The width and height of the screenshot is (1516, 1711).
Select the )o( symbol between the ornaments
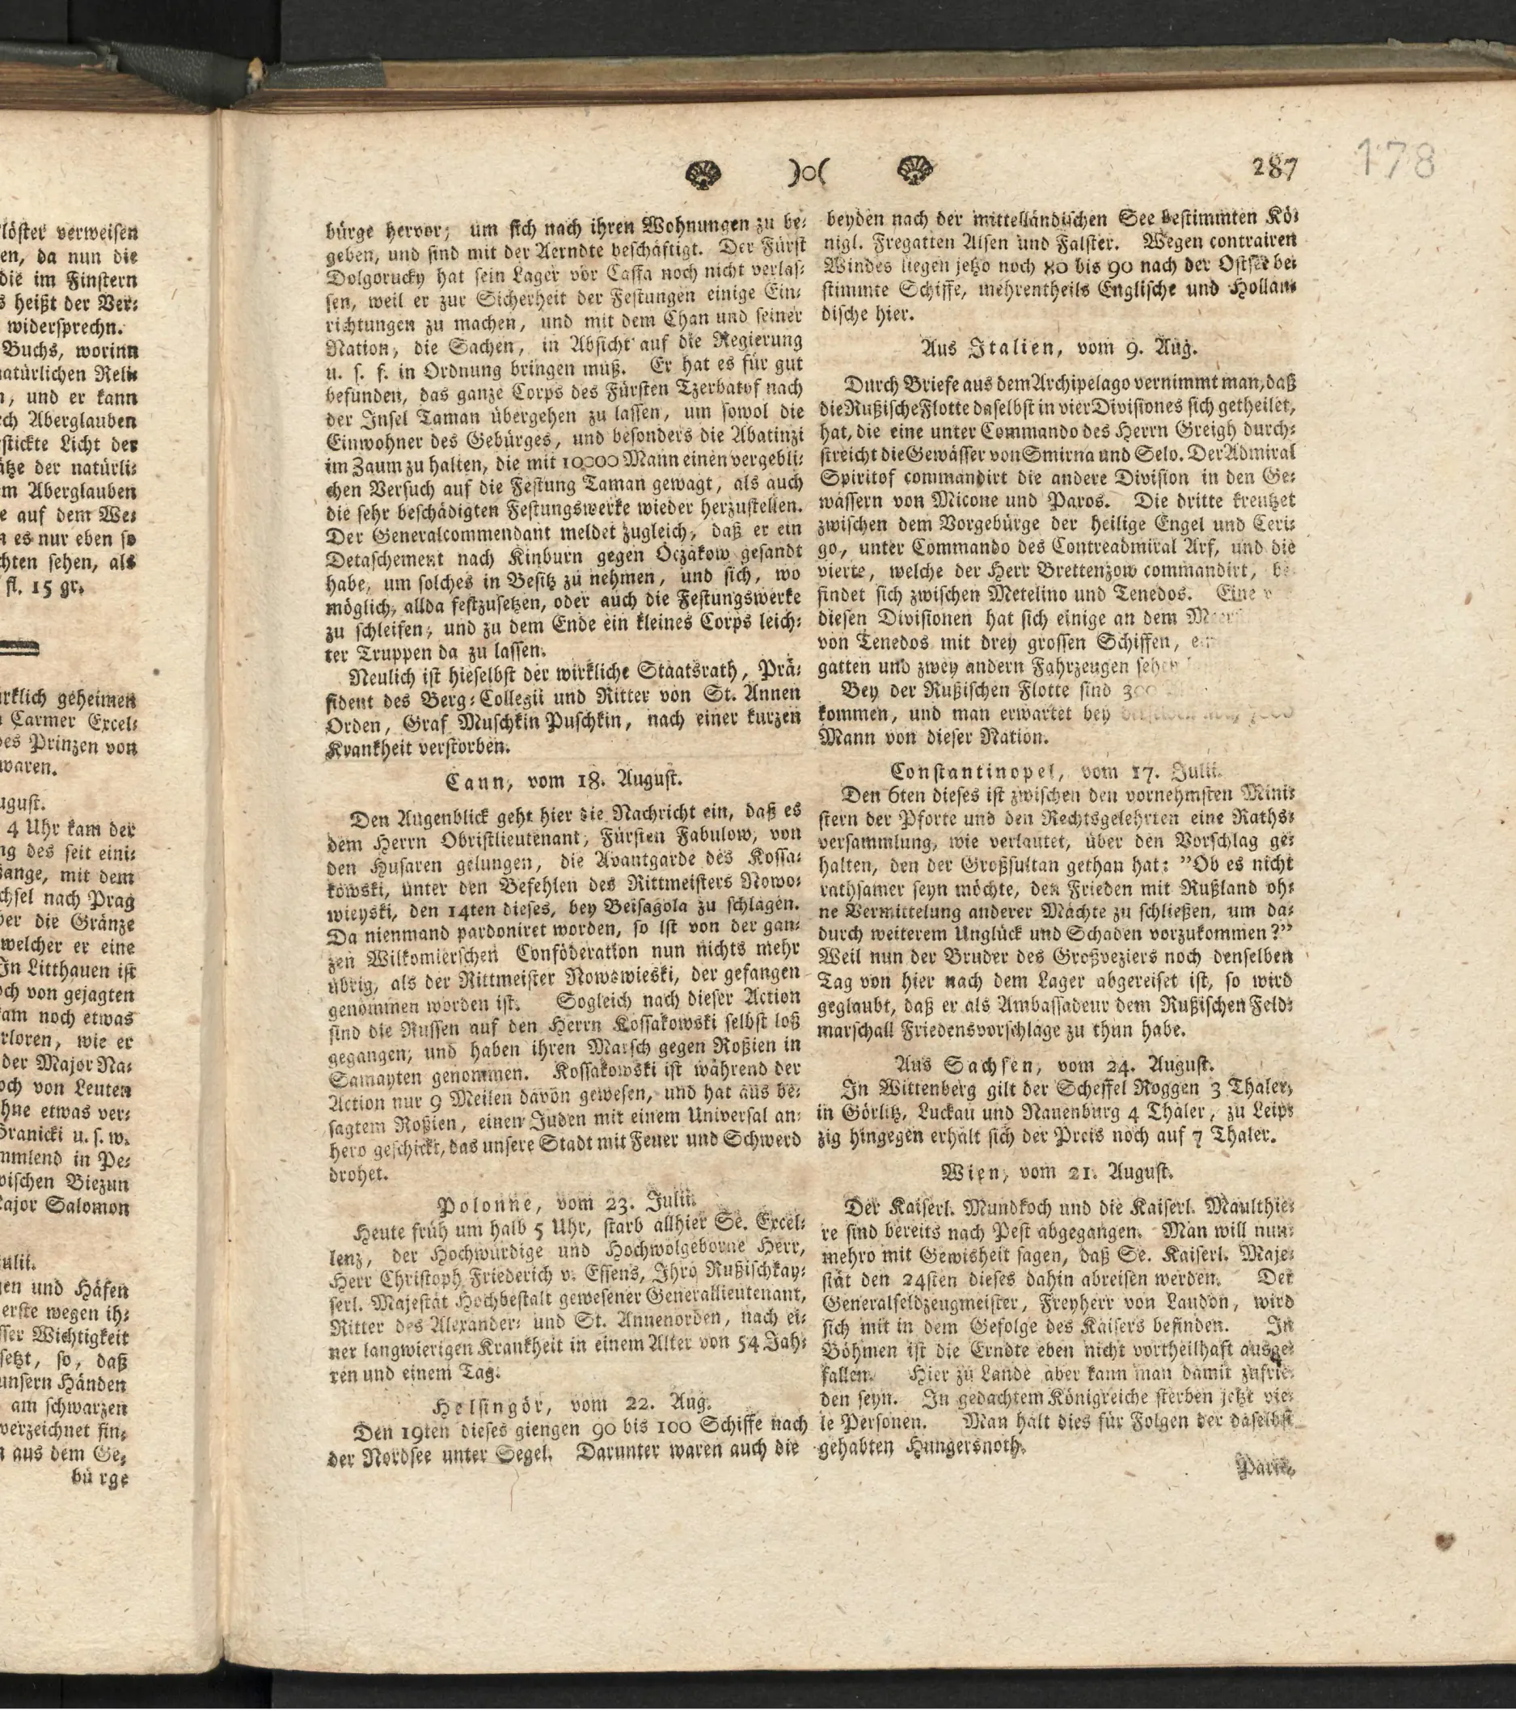point(807,172)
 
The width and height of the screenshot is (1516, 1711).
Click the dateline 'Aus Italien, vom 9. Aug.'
point(1059,348)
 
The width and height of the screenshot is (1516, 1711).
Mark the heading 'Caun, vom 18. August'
point(564,780)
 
